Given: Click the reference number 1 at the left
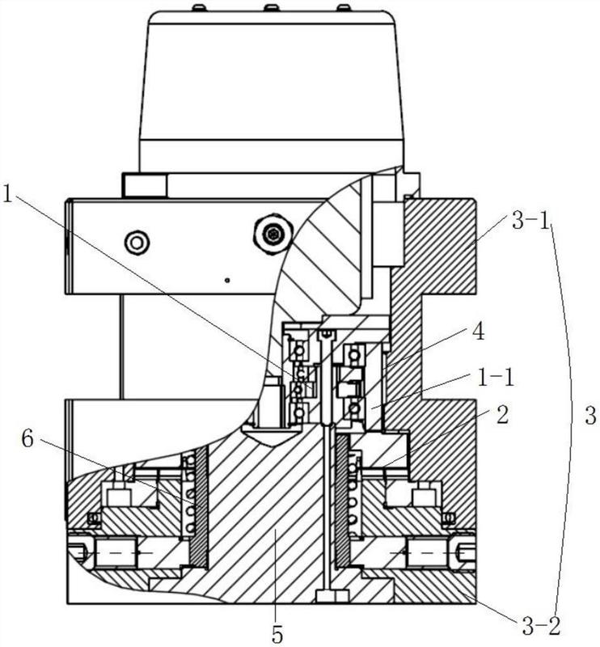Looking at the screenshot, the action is point(7,194).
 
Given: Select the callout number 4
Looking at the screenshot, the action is point(477,332).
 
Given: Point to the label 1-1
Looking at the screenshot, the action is point(496,377).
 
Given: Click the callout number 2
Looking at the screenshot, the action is point(502,416).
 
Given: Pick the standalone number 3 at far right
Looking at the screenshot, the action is point(590,416).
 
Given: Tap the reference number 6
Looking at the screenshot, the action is point(27,439).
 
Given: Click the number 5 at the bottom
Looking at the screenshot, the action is point(277,635).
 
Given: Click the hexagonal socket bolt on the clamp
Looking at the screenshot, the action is point(274,235).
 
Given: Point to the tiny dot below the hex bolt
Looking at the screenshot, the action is point(226,281).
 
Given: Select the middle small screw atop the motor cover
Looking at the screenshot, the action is point(271,7).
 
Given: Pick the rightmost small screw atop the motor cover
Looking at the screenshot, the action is point(344,7).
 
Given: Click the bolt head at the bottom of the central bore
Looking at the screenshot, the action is point(332,596).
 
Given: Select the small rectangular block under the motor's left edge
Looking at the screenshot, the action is point(145,185).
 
